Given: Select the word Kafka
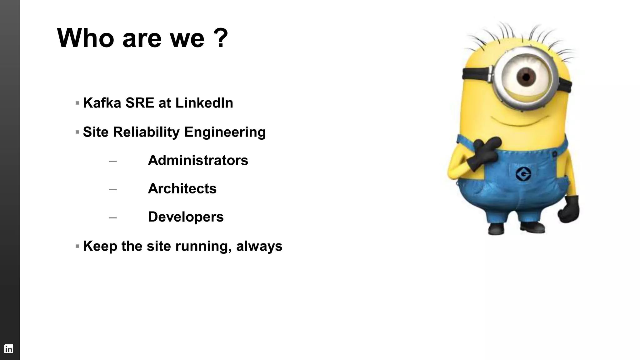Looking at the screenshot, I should point(102,103).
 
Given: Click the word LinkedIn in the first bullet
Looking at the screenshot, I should point(204,103).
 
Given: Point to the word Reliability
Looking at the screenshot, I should point(146,132).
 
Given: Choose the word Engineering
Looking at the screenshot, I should point(225,132).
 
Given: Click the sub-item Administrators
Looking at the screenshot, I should point(198,160).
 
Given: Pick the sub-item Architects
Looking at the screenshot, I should point(182,188).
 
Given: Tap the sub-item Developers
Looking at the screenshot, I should point(186,217).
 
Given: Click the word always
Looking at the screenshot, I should point(259,246).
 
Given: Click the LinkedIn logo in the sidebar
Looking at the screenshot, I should point(8,348).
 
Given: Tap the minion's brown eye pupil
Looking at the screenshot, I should point(526,77).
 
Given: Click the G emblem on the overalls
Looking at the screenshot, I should point(523,174).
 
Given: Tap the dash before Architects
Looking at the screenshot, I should point(113,189).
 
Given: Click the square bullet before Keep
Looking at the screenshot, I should point(77,246).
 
